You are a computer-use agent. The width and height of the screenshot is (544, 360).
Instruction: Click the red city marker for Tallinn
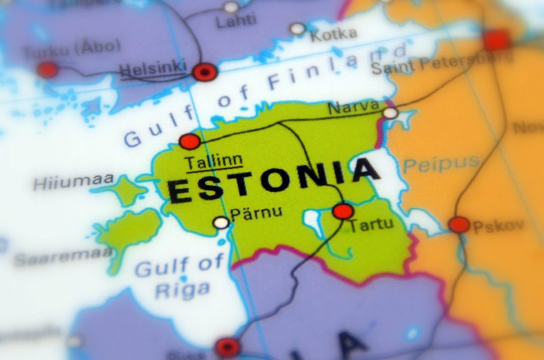tap(189, 141)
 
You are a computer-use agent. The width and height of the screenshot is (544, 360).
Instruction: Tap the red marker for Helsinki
tap(204, 72)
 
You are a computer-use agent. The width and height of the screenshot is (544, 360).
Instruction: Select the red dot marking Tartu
tap(343, 211)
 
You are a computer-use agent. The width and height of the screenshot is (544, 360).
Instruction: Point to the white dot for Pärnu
tap(221, 222)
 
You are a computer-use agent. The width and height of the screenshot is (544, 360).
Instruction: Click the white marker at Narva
tap(390, 113)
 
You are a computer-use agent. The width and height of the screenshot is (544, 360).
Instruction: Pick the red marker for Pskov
tap(459, 225)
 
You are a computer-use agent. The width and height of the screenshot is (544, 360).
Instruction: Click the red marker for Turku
tap(47, 69)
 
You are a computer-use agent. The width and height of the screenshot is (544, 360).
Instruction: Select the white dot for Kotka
tap(298, 29)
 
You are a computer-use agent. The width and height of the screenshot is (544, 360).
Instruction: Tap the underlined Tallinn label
tap(213, 161)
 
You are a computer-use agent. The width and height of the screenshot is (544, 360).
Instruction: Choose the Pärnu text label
tap(256, 213)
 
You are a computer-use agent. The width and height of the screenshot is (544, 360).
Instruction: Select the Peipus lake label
tap(441, 164)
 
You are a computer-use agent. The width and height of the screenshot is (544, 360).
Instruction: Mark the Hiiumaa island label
tap(73, 182)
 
